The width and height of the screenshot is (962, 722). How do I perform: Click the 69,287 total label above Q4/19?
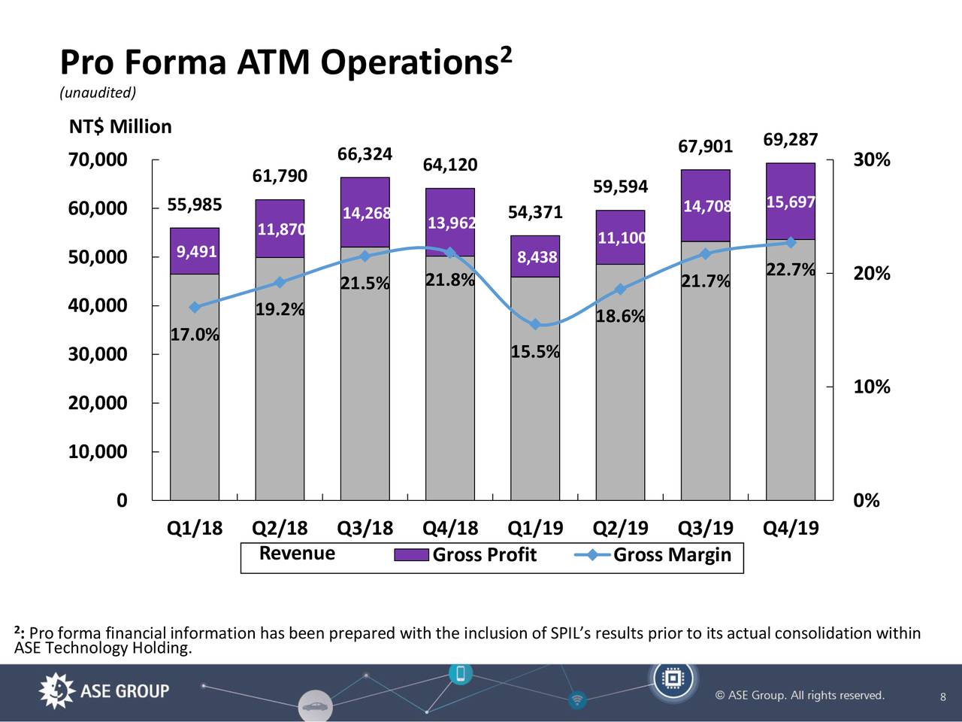click(x=790, y=140)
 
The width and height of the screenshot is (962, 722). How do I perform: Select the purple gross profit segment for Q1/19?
click(x=534, y=256)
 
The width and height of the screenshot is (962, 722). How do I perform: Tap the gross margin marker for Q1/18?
click(x=195, y=307)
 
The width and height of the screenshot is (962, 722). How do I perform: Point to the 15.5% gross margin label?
click(x=534, y=352)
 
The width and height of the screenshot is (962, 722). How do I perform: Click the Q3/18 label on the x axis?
click(x=365, y=528)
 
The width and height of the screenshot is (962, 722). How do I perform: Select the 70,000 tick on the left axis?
click(x=98, y=160)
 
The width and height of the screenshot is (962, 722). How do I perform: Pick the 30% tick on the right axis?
click(x=871, y=160)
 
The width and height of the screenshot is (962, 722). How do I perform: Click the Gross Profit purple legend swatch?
click(x=411, y=556)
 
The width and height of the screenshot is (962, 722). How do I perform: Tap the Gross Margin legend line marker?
click(x=592, y=555)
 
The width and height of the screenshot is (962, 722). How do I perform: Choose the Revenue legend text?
click(x=297, y=554)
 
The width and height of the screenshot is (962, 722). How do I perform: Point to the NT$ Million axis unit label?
click(x=120, y=126)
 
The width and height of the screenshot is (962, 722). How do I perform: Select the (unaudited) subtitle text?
click(x=98, y=93)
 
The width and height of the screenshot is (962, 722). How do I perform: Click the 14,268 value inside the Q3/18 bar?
click(x=366, y=213)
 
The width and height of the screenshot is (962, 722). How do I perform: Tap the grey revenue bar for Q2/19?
click(x=620, y=384)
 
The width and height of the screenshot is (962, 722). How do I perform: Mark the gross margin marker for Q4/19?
click(x=791, y=242)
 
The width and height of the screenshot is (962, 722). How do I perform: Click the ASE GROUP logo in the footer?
click(x=104, y=691)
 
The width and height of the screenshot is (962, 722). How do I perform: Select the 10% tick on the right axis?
click(x=871, y=387)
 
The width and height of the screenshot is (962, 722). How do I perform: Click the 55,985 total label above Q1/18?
click(x=194, y=205)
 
